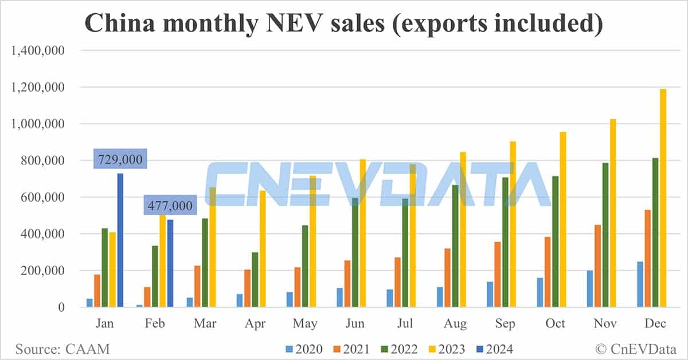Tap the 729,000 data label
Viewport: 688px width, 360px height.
[x=120, y=159]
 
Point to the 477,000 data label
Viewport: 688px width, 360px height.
[x=170, y=205]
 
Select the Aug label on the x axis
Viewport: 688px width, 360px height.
[x=455, y=324]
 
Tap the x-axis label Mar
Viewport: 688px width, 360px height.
[x=205, y=324]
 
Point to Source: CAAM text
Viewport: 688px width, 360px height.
[x=62, y=349]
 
